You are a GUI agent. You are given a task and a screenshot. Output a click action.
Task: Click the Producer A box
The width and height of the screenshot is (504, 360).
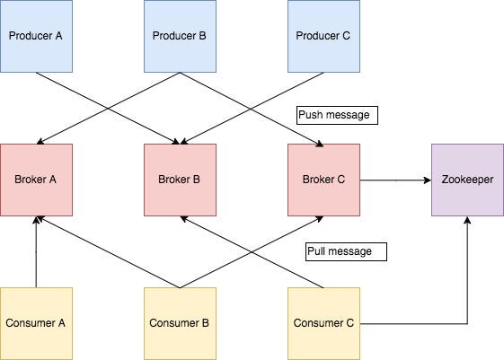point(36,36)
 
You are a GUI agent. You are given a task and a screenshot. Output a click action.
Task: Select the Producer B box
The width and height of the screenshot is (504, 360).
point(180,36)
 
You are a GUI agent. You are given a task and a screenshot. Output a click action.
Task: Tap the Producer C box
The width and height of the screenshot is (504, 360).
point(323,36)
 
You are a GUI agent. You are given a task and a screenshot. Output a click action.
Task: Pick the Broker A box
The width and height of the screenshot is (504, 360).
point(36,180)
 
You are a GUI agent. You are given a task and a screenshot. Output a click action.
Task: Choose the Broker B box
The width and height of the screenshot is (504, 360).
point(180,180)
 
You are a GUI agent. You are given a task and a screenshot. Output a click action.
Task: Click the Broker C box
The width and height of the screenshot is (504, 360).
point(323,180)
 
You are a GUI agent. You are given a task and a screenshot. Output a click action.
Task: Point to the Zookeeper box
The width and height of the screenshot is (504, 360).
point(467,180)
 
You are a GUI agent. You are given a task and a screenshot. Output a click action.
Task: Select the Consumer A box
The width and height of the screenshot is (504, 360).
point(36,323)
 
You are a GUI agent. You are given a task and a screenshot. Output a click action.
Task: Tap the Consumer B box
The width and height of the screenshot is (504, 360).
point(180,323)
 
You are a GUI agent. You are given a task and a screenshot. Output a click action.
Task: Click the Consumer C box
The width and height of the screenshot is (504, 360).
point(323,323)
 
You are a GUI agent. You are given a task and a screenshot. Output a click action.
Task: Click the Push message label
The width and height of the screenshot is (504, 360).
point(337,115)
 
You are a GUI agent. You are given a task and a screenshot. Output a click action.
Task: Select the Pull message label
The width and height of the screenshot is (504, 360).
point(346,251)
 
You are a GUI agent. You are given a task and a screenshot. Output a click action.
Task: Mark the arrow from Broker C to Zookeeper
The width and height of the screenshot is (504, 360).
point(395,180)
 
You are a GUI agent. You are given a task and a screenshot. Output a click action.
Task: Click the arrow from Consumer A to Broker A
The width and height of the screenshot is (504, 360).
point(36,251)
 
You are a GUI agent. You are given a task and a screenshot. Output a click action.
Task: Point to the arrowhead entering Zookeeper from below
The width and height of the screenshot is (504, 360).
point(467,220)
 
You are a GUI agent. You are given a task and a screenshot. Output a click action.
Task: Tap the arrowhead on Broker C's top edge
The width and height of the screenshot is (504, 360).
point(320,144)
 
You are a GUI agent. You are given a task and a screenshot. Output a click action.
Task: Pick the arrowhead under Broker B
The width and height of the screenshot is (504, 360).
point(184,219)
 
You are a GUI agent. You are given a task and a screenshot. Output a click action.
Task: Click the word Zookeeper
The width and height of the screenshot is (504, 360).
point(467,180)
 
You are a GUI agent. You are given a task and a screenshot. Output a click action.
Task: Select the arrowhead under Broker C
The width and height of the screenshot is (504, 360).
point(320,219)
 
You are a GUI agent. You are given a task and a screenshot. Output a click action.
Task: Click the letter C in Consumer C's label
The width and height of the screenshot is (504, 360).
point(349,323)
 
